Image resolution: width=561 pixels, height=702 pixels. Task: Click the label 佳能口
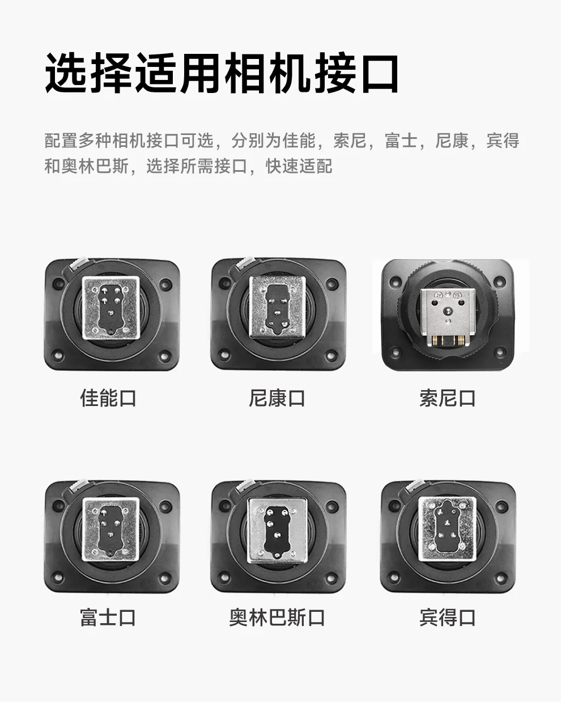tap(108, 398)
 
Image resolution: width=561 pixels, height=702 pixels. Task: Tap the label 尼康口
tap(277, 398)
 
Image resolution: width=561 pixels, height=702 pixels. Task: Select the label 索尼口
tap(447, 398)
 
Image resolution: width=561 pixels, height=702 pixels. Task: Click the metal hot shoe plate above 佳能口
tap(111, 307)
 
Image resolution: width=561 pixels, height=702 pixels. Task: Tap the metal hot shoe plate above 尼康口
tap(278, 307)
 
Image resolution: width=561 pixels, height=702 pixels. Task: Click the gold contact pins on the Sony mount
tap(448, 341)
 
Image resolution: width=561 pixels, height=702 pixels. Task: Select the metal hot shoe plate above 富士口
tap(111, 529)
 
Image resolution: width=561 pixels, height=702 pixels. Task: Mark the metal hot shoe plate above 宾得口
tap(447, 529)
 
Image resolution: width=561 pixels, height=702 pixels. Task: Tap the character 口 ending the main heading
tap(380, 74)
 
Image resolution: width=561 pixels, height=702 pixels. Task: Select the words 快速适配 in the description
tap(299, 166)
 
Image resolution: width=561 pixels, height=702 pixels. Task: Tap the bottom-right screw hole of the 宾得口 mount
tap(501, 578)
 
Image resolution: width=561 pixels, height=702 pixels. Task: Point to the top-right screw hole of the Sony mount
tap(500, 280)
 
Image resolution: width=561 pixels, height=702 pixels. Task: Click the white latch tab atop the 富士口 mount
tap(79, 486)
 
